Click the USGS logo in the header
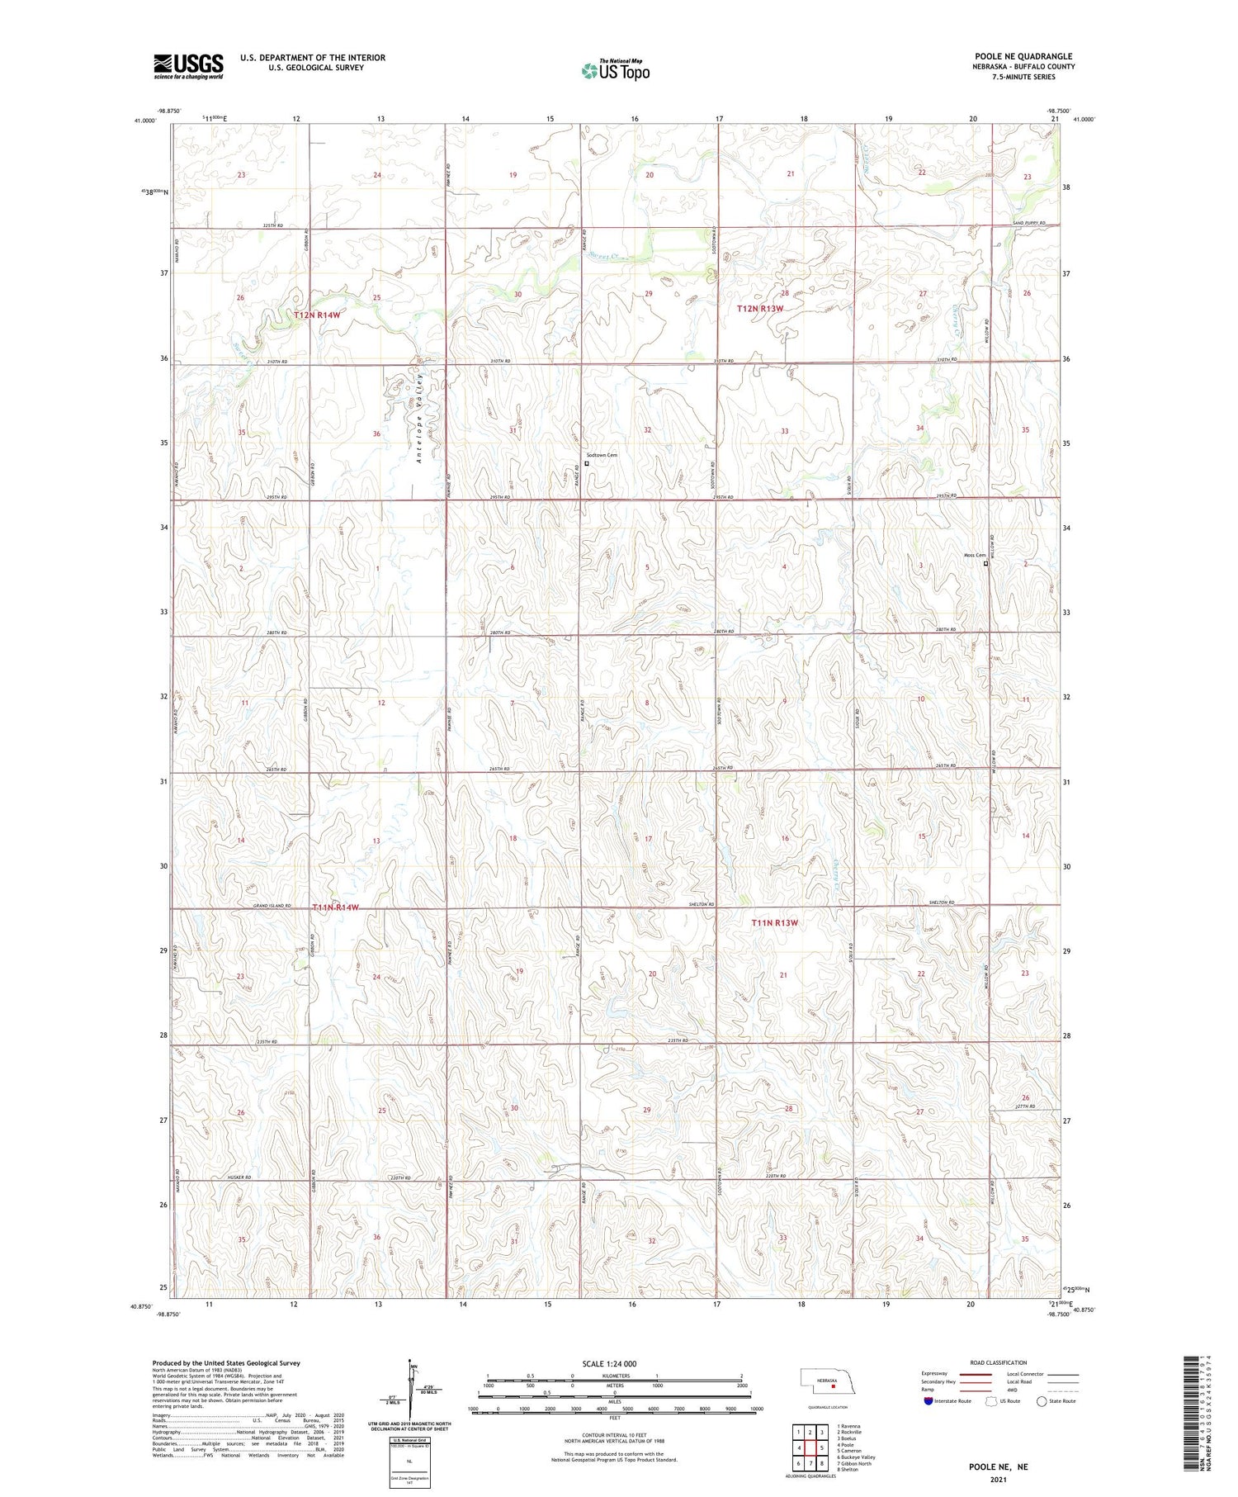(x=188, y=66)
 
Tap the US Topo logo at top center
(x=615, y=70)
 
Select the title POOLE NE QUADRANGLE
(x=1023, y=56)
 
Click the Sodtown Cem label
(x=602, y=455)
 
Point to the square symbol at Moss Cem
(x=985, y=564)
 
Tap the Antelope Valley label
(x=419, y=417)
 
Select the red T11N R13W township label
(x=775, y=922)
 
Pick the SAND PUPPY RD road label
(x=1030, y=223)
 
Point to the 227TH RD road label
(x=1025, y=1106)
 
